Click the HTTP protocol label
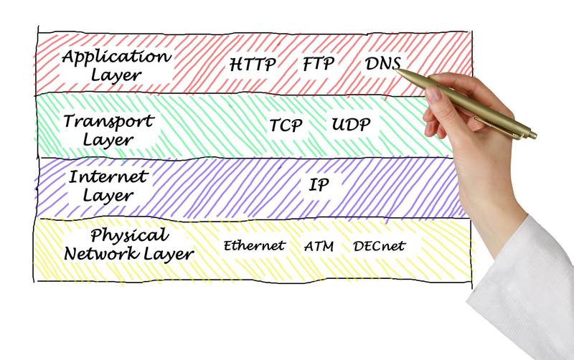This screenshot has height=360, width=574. (253, 64)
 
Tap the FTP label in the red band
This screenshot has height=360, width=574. (319, 63)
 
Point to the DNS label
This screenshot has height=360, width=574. (382, 63)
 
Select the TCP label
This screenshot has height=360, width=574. (286, 125)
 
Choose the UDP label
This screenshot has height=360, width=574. (351, 124)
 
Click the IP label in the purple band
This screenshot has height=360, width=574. (319, 184)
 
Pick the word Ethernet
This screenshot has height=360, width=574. (254, 245)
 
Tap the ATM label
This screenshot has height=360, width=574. (319, 246)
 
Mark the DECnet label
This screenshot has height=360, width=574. (380, 246)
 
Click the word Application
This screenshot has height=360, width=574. (116, 57)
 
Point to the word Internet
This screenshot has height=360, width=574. (108, 177)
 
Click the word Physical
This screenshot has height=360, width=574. (130, 236)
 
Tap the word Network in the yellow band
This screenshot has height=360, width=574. (101, 254)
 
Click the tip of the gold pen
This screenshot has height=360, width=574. (397, 70)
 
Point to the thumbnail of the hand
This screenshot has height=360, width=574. (434, 94)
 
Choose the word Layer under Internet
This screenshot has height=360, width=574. (108, 196)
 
